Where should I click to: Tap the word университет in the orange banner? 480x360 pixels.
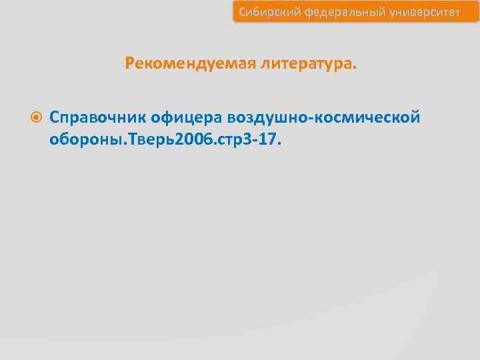[422, 12]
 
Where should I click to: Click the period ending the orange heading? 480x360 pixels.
[355, 67]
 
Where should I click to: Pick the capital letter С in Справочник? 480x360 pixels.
[55, 117]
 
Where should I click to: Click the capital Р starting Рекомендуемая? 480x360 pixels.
[129, 63]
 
